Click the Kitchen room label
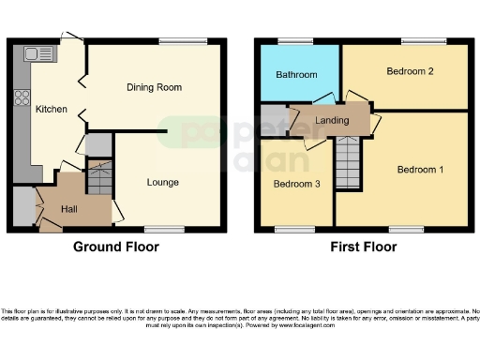52,110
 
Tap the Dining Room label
154,87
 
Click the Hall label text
69,208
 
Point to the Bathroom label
296,75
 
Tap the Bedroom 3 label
296,185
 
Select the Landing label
332,119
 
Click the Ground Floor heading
116,247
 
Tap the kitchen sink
42,53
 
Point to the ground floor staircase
98,176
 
